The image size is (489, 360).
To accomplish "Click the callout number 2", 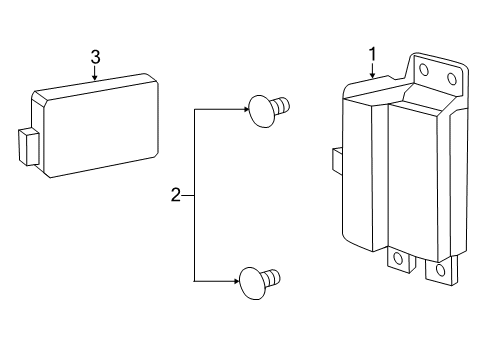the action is (176, 195).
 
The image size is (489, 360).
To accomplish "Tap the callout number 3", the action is (95, 57).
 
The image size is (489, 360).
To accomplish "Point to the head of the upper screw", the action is (258, 109).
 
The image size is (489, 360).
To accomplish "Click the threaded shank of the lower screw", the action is (272, 275).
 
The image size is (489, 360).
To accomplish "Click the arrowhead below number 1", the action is (372, 77).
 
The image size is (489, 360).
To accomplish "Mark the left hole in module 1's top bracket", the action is (423, 71).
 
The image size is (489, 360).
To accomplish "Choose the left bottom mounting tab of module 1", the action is (398, 260).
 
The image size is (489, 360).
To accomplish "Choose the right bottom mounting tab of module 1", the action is (438, 271).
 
